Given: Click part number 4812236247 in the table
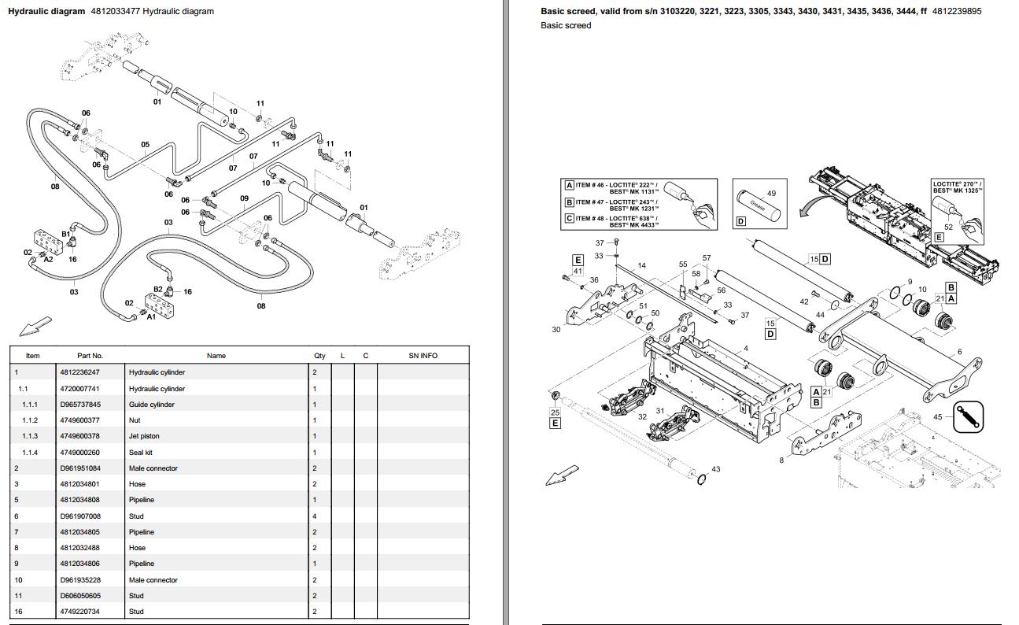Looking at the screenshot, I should click(79, 372).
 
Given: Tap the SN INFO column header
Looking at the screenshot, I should click(423, 356).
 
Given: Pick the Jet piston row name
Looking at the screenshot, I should click(144, 436).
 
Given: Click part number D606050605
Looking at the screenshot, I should click(79, 596).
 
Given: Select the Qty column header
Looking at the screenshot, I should click(319, 356).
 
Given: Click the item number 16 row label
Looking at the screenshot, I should click(17, 612).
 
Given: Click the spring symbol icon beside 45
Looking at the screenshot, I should click(968, 417).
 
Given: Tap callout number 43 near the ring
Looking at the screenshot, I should click(715, 470).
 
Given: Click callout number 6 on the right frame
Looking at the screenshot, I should click(959, 352).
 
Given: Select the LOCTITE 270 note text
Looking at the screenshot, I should click(957, 187).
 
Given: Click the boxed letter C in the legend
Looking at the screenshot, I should click(569, 219).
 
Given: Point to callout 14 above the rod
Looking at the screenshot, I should click(641, 266).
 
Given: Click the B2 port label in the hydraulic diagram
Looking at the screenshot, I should click(157, 289).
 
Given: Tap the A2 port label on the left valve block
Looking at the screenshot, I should click(48, 259).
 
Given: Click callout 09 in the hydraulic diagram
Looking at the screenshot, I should click(244, 198).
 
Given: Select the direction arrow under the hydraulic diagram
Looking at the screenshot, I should click(35, 325).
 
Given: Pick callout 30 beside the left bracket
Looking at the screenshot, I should click(556, 330).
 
